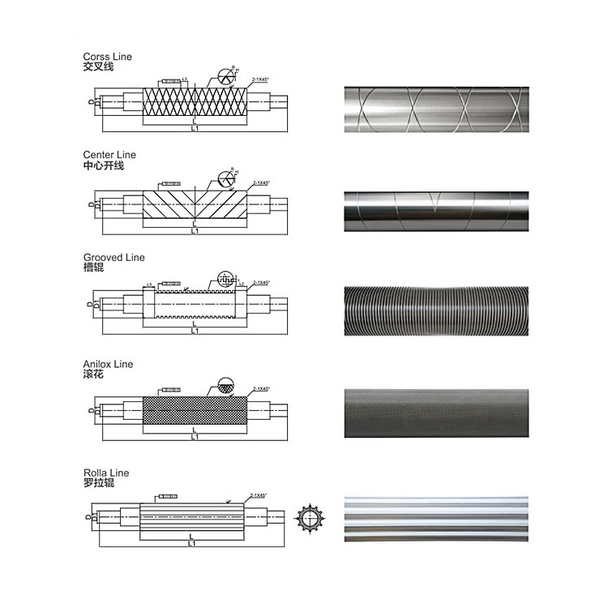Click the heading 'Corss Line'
[107, 57]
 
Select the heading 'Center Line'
[109, 154]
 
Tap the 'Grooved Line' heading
[113, 257]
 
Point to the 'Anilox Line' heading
[108, 365]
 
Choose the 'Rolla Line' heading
[105, 473]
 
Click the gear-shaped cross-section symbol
[310, 516]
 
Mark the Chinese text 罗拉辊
[99, 483]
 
